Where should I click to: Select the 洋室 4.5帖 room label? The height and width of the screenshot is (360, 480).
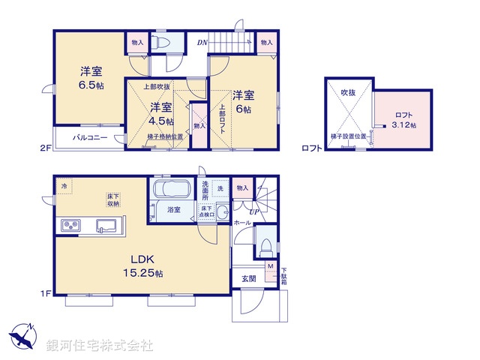click(160, 113)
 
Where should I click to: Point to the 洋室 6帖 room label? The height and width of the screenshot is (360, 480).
click(243, 102)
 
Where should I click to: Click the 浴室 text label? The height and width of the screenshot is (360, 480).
click(173, 211)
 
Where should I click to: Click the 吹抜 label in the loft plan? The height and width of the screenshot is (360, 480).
click(348, 92)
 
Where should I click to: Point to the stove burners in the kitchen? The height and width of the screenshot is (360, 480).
click(71, 224)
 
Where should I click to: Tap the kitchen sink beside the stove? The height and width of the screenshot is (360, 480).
click(104, 224)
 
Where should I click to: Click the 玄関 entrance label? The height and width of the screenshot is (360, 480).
click(248, 279)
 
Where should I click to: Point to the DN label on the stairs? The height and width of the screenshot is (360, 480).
click(202, 43)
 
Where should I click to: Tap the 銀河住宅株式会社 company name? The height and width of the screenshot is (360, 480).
click(100, 346)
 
